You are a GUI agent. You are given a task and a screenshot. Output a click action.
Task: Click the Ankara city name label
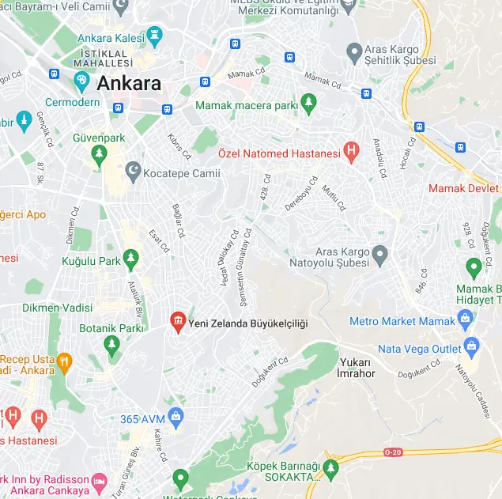(x=129, y=84)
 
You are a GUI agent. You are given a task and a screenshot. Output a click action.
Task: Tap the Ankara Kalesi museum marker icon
(x=154, y=34)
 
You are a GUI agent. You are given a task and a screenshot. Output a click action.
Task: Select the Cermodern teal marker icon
(x=81, y=80)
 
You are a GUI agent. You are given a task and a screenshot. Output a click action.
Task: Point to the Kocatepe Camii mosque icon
(x=134, y=172)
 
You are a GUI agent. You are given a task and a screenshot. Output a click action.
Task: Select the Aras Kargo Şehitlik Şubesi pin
(x=355, y=53)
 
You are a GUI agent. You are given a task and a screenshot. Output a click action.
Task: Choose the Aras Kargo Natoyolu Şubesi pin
(x=380, y=255)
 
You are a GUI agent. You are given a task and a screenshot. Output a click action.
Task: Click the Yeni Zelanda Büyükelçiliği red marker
(x=178, y=322)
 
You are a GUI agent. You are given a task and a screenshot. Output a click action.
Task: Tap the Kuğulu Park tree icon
(x=131, y=259)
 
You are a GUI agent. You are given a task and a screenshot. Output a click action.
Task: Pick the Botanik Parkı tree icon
(x=111, y=344)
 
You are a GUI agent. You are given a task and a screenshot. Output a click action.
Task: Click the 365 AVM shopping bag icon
(x=176, y=416)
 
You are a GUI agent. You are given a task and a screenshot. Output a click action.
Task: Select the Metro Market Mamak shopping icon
(x=466, y=319)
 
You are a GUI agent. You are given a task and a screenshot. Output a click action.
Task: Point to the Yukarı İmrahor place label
(x=357, y=368)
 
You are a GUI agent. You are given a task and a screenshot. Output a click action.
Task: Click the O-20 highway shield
(x=393, y=452)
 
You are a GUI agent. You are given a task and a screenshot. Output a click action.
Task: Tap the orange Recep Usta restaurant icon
(x=64, y=362)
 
